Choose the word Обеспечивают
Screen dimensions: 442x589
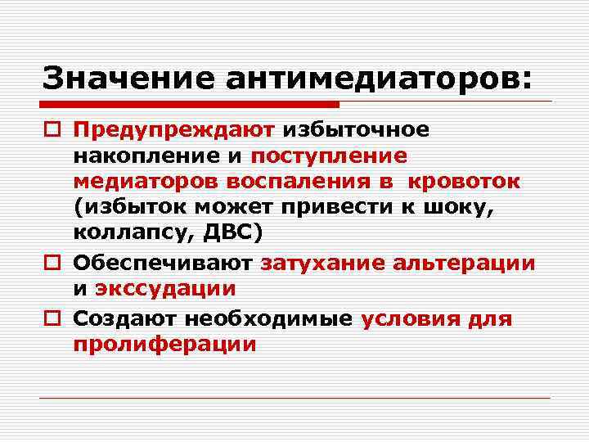(x=163, y=263)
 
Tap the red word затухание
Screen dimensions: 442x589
(x=322, y=263)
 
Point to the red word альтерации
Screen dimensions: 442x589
(x=465, y=263)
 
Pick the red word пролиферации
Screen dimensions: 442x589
(x=164, y=345)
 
